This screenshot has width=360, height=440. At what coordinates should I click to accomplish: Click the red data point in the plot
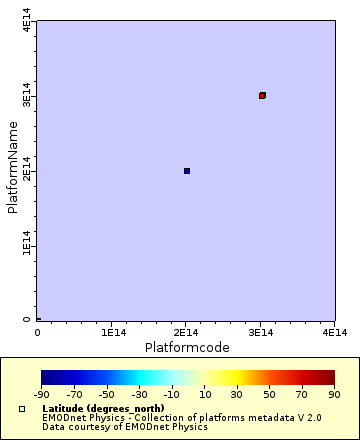coord(262,95)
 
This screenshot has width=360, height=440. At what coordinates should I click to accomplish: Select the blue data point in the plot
coord(187,171)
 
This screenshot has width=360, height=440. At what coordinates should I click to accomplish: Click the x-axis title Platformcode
coord(188,347)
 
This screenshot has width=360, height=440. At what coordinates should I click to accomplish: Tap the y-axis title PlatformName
coord(13,167)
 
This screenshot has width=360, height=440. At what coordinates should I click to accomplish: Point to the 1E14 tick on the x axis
coord(112,331)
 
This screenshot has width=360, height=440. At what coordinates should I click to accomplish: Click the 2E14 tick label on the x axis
coord(186,331)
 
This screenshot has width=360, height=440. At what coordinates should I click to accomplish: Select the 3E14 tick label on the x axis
coord(260,331)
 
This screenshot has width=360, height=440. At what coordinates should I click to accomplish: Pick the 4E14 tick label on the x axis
coord(334,331)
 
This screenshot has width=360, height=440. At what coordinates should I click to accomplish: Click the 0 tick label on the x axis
coord(38,331)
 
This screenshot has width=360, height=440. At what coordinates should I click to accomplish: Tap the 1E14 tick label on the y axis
coord(27,246)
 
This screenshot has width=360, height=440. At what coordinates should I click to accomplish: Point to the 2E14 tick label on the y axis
coord(27,172)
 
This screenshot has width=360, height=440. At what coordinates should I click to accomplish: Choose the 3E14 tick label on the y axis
coord(27,97)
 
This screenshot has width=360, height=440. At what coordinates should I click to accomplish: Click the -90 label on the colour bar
coord(42,396)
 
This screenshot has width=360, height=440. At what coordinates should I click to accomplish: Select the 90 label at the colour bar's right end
coord(334,396)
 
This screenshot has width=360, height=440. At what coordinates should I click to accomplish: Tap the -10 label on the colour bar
coord(172,396)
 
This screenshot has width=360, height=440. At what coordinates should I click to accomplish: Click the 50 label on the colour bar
coord(270,396)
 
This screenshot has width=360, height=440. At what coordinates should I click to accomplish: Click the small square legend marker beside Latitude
coord(22,409)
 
